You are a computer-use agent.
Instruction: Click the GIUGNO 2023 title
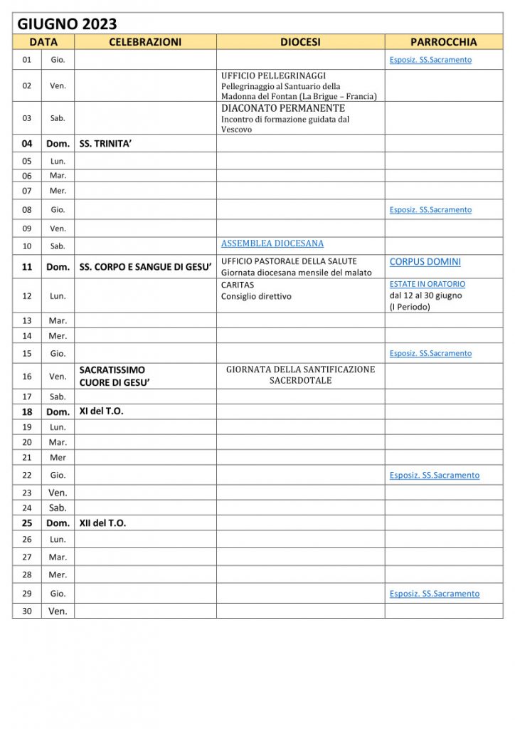point(67,24)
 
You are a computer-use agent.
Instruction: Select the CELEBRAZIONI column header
point(145,42)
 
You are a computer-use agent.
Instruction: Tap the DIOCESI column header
point(300,42)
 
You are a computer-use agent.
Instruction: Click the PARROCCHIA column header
point(443,42)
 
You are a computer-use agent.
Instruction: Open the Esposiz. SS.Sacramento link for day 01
point(430,60)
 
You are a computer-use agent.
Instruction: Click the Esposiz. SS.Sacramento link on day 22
point(434,475)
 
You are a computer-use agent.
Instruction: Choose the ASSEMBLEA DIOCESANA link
point(272,243)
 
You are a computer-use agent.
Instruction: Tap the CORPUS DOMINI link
point(425,262)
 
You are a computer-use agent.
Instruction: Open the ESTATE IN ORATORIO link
point(427,284)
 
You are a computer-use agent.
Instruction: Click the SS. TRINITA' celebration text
point(105,144)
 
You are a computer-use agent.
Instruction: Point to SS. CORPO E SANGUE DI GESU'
point(145,267)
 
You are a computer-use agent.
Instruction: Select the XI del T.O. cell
point(101,411)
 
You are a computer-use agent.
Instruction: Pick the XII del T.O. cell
point(102,523)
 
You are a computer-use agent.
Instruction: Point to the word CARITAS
point(237,285)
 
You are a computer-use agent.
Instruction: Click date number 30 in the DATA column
point(27,611)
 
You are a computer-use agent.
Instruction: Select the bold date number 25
point(27,523)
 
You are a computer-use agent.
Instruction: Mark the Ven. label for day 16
point(58,377)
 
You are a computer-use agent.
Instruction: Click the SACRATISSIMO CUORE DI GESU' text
point(112,376)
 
